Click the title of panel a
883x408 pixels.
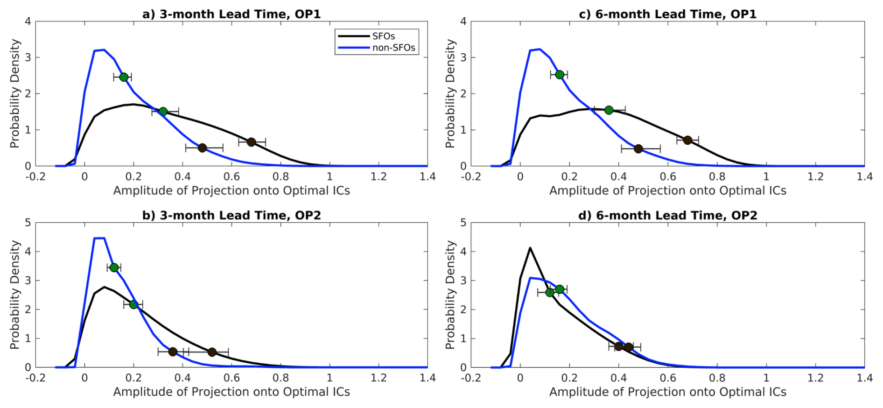pos(231,14)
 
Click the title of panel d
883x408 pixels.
pos(667,215)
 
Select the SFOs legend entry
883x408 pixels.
pos(383,36)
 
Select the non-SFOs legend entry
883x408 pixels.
pos(393,48)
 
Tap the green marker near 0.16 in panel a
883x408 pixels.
pos(124,77)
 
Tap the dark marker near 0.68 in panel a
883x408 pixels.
pos(251,142)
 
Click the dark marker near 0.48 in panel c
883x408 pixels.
pos(638,149)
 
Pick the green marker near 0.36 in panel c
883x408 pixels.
pos(609,110)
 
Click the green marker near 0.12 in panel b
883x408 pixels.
pos(114,267)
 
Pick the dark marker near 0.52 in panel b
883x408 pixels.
pos(212,352)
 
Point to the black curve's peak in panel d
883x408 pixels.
pos(530,248)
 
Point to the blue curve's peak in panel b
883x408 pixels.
pos(99,239)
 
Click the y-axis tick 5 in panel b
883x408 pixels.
pos(28,223)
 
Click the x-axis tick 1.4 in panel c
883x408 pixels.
pos(864,176)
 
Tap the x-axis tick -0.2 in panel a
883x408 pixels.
pos(35,176)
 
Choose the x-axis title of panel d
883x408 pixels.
pos(667,392)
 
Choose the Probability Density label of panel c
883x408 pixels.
pos(450,93)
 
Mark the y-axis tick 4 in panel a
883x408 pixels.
pos(28,21)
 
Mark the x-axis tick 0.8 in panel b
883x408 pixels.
pos(280,378)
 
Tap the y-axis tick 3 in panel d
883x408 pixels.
pos(463,281)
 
